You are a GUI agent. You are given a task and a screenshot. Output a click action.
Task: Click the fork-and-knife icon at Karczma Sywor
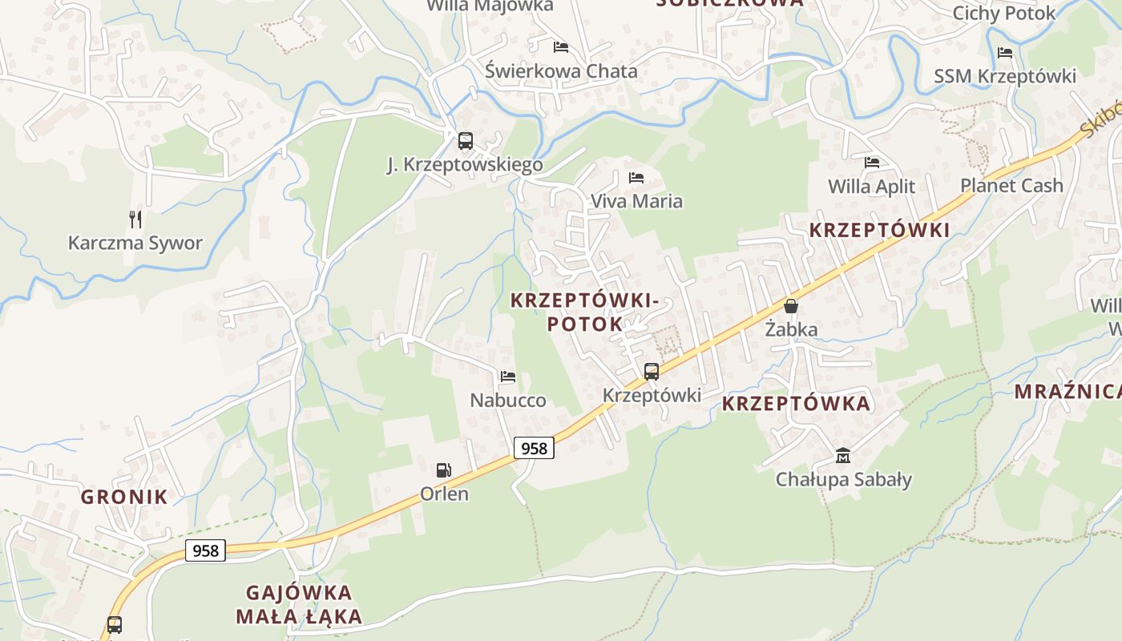(135, 219)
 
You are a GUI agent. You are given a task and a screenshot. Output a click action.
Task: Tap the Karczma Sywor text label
(135, 243)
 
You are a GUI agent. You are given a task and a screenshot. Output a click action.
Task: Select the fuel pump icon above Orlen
(443, 470)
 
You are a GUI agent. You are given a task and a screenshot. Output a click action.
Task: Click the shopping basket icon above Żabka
(791, 306)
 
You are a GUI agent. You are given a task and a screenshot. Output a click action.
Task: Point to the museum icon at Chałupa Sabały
(842, 456)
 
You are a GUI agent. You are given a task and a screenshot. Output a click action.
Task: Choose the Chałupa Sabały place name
(843, 480)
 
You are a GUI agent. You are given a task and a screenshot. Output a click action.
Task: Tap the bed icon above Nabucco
(508, 377)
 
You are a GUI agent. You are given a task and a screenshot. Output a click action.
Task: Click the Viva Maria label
(636, 201)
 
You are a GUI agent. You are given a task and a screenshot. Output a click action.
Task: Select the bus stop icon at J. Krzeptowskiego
(466, 142)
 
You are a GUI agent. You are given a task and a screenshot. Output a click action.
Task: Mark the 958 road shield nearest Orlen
(534, 448)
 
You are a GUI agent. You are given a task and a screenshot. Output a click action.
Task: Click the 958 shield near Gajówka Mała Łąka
(206, 550)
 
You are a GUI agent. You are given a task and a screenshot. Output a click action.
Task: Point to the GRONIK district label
(124, 497)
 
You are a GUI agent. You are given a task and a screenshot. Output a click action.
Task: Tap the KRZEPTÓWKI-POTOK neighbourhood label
(583, 312)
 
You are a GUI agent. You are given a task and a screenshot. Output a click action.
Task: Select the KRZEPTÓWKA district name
(796, 404)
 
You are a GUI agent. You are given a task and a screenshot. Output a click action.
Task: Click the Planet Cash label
(1011, 186)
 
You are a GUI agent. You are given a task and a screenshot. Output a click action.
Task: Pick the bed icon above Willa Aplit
(872, 163)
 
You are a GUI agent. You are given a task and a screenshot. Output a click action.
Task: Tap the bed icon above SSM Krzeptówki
(1005, 53)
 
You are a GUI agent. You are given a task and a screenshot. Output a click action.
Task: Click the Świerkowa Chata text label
(561, 71)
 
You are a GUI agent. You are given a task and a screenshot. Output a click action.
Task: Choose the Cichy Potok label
(1004, 14)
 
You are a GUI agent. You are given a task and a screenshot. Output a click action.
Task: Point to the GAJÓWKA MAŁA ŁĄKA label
(299, 605)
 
